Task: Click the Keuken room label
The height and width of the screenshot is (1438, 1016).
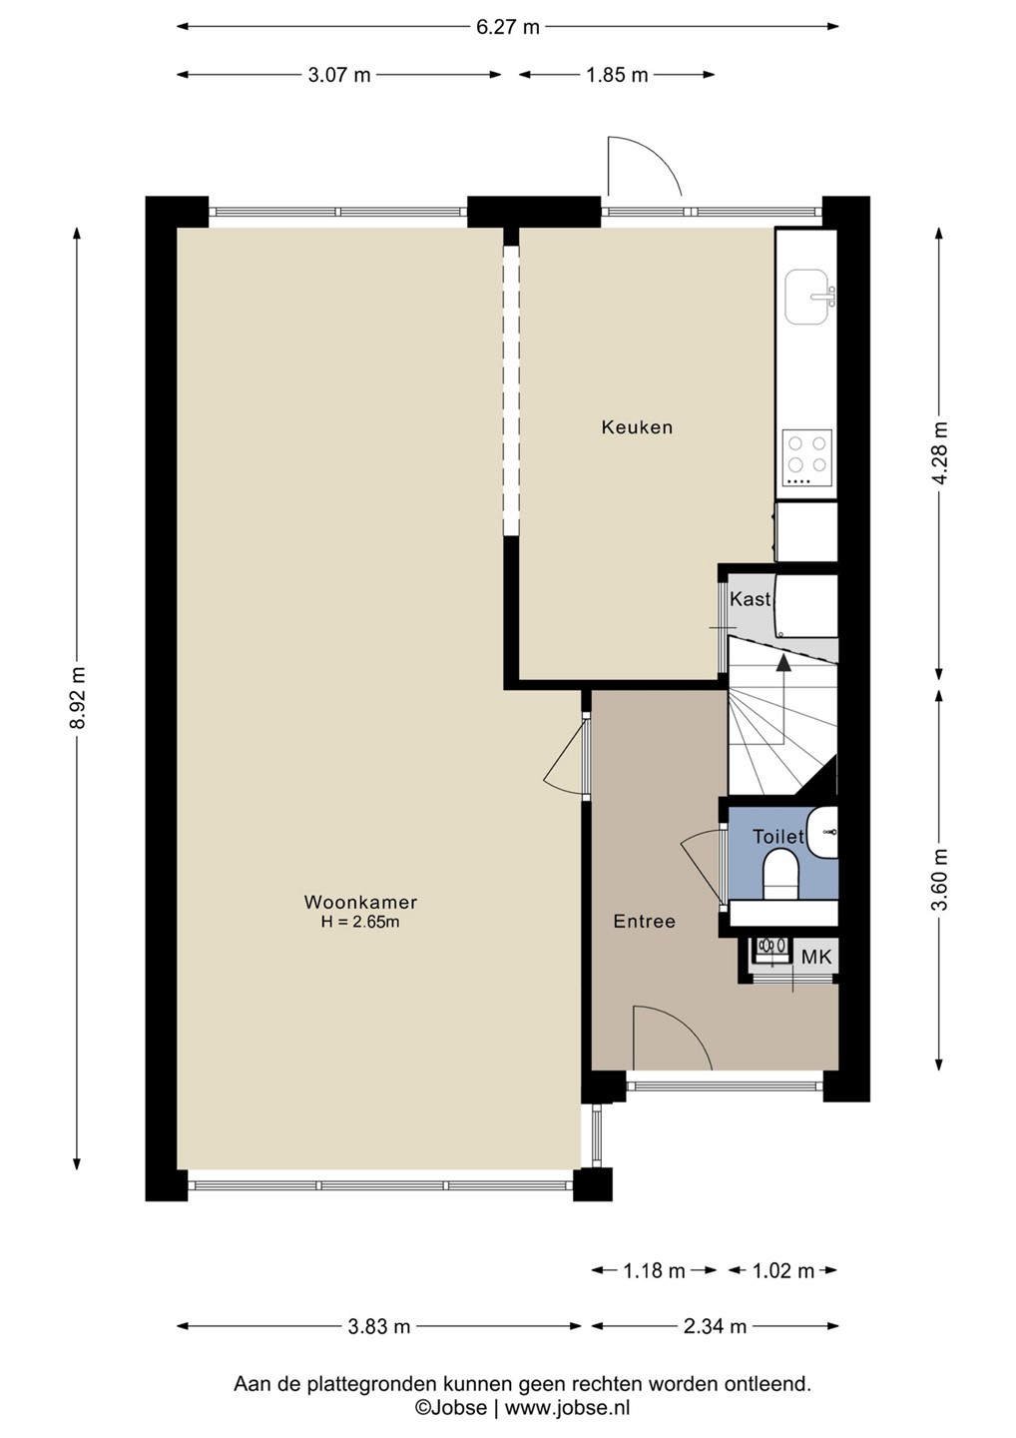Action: click(x=637, y=427)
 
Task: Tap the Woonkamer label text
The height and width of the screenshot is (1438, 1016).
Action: click(x=360, y=902)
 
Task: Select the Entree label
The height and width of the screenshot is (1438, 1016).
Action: click(x=645, y=921)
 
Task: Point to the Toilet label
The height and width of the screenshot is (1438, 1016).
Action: click(x=778, y=837)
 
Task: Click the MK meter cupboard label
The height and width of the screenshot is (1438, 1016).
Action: click(x=816, y=957)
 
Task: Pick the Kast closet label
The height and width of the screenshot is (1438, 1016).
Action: click(x=750, y=599)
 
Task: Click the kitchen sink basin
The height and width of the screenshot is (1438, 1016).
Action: click(x=809, y=297)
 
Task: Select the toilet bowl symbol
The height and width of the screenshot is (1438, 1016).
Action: click(x=780, y=874)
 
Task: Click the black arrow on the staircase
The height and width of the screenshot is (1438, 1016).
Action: click(x=783, y=700)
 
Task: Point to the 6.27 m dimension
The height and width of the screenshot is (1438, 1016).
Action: click(x=508, y=27)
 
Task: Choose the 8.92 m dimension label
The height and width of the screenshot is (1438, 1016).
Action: click(x=78, y=698)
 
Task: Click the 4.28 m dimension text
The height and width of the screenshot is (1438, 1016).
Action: click(x=940, y=453)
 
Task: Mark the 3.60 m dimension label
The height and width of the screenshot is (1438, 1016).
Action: click(x=940, y=880)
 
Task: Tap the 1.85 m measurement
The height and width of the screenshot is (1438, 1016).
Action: click(x=617, y=75)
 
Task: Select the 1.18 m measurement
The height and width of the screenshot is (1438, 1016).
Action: click(x=655, y=1270)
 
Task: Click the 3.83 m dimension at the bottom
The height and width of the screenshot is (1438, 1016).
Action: click(x=379, y=1326)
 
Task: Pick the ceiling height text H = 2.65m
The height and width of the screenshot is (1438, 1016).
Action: click(x=360, y=923)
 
